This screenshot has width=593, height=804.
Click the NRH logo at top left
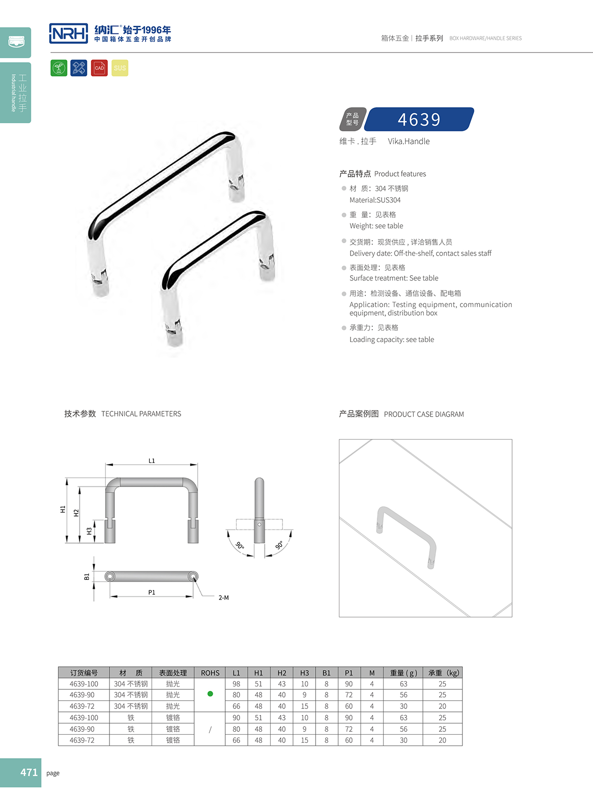tap(68, 33)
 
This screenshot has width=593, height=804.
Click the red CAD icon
tap(99, 68)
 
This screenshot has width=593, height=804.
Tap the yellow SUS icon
tap(120, 68)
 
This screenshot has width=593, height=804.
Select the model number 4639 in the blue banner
tap(419, 119)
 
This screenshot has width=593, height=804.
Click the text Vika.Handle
tap(408, 141)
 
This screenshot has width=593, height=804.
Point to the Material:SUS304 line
tap(375, 200)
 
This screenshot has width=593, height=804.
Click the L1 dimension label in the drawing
tap(152, 461)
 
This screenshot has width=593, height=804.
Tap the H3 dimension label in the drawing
tap(89, 531)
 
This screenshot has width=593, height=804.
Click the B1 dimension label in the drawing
tap(87, 577)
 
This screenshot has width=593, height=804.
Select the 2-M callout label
tap(223, 598)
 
